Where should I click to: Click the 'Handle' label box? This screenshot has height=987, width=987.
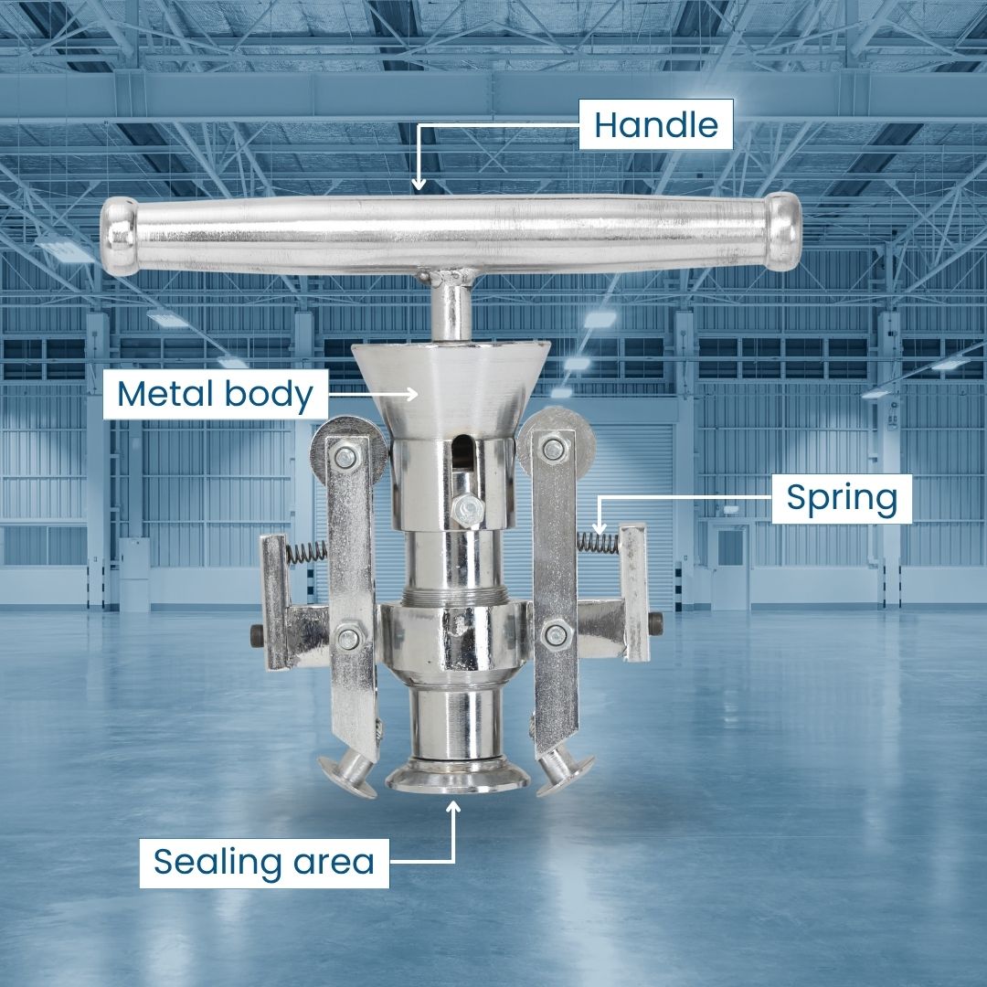point(656,124)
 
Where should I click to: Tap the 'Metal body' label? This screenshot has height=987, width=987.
point(216,394)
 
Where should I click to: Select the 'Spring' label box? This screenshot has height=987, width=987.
point(842,499)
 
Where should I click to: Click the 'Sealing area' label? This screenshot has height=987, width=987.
point(264,863)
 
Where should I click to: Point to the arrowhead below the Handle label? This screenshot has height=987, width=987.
point(419,183)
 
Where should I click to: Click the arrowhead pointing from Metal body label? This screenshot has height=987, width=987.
point(410,394)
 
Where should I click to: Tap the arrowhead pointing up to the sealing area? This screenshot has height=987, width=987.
point(452,808)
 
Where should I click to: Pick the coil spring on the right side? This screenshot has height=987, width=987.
point(597,542)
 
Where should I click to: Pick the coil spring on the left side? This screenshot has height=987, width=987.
point(306,552)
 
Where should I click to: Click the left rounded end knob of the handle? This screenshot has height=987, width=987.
point(118,236)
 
